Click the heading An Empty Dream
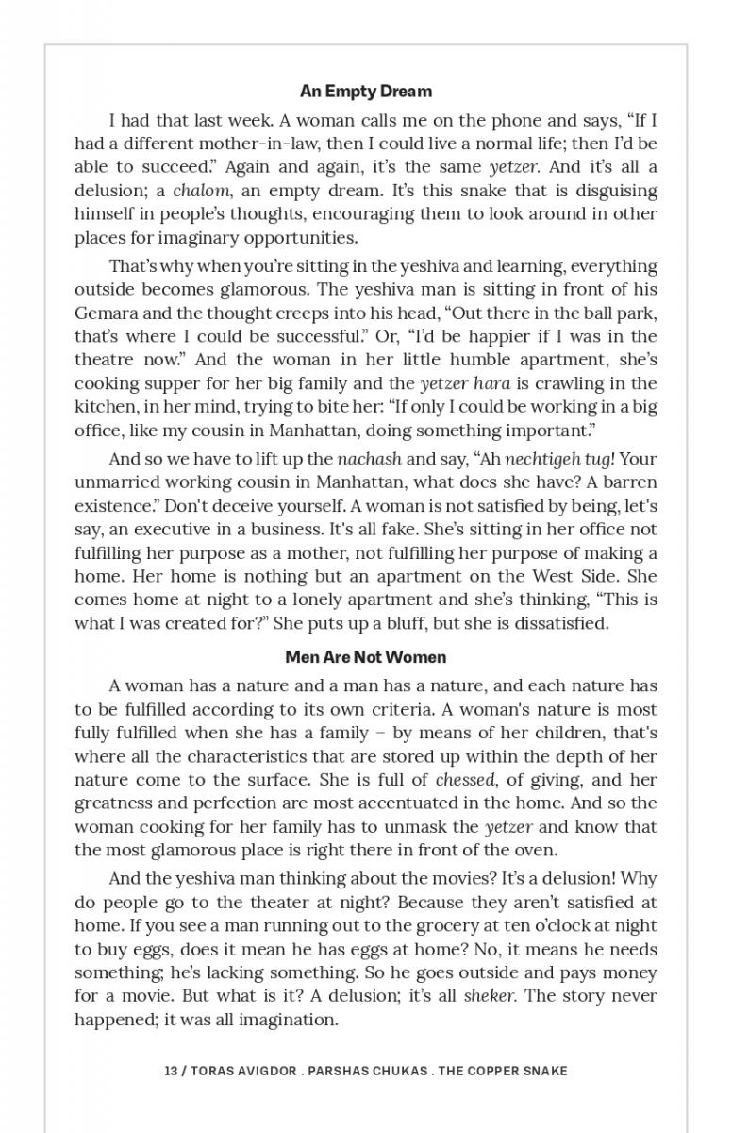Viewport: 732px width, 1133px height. pos(366,92)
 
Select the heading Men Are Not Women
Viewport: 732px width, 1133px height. pos(366,657)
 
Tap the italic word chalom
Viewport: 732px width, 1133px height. pos(201,191)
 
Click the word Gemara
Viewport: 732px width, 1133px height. pos(104,313)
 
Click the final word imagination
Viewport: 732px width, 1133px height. pos(291,1020)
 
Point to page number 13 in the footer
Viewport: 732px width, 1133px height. pos(171,1071)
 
